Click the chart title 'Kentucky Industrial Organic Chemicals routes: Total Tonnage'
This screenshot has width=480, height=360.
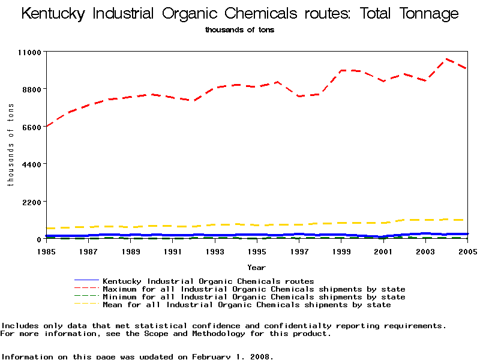[240, 14]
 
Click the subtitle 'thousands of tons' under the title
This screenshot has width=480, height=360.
[239, 30]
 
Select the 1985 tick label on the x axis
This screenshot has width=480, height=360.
[46, 251]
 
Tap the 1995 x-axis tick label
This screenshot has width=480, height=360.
[257, 251]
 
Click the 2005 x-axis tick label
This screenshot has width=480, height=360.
[467, 251]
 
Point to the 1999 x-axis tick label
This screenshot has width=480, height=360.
[341, 251]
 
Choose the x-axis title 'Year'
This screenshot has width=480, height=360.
[256, 267]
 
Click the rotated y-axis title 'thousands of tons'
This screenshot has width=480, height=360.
[10, 145]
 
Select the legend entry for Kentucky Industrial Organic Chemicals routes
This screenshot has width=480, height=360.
[208, 281]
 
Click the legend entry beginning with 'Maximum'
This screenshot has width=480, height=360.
[254, 289]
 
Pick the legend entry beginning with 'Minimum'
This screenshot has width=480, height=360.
[254, 297]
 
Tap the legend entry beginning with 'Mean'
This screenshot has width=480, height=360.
[247, 305]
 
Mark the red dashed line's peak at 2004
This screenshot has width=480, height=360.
[446, 59]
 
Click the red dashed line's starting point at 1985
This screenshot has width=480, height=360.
[47, 126]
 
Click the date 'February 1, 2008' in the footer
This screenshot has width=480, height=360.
[232, 356]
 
